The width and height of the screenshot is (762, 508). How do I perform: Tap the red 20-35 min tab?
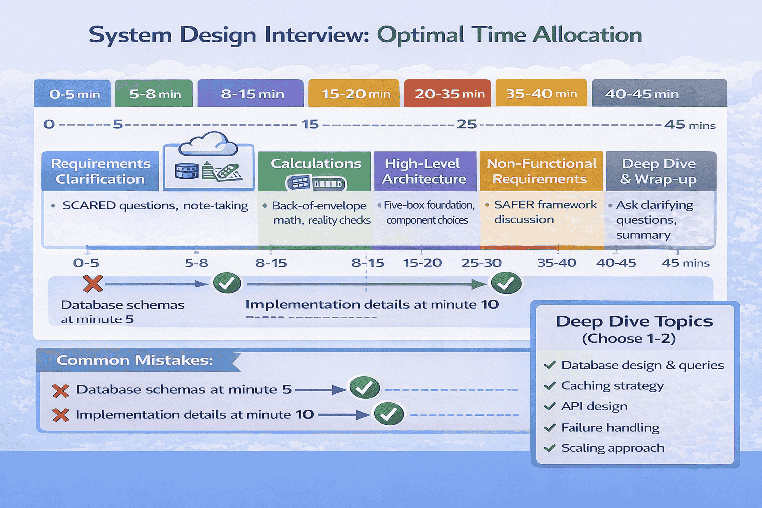coord(447,94)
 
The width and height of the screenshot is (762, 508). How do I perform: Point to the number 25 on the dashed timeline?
coord(466,124)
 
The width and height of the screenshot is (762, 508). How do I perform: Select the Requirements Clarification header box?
coord(100,171)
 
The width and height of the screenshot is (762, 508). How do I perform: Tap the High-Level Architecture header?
coord(424,171)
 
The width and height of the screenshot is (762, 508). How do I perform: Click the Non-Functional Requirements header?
coord(541,171)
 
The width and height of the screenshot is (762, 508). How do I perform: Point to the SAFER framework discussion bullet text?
coord(545,212)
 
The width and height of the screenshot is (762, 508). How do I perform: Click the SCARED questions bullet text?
coord(155,206)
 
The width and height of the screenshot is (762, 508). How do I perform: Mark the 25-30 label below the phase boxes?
coord(481,263)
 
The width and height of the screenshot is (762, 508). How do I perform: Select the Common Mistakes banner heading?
coord(134,360)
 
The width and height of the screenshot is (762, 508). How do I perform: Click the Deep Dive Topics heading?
coord(634,321)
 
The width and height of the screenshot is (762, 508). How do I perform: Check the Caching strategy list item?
coord(612,386)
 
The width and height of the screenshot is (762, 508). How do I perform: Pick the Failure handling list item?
coord(610,428)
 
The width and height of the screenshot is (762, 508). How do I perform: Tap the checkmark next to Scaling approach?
coord(550,448)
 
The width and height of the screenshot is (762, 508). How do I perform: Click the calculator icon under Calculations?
coord(316,184)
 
